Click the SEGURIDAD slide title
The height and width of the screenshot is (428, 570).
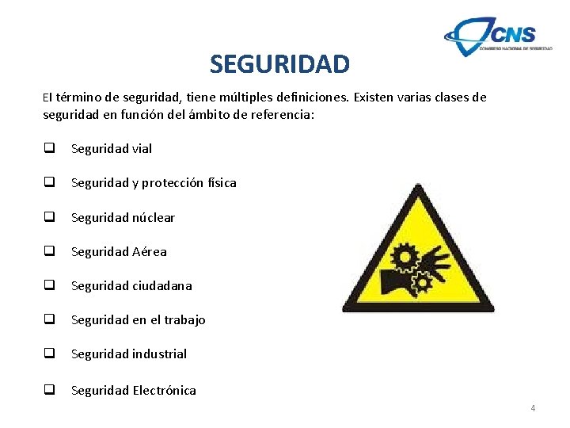tap(279, 63)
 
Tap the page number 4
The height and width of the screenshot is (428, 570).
tap(533, 408)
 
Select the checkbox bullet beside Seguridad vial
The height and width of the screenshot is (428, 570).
tap(49, 148)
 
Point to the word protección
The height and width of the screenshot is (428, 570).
tap(177, 183)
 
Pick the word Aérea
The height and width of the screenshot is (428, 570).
tap(150, 251)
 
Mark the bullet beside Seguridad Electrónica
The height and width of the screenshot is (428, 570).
tap(49, 389)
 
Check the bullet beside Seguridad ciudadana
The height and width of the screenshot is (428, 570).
tap(49, 285)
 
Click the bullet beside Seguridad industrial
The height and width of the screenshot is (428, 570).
tap(49, 353)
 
